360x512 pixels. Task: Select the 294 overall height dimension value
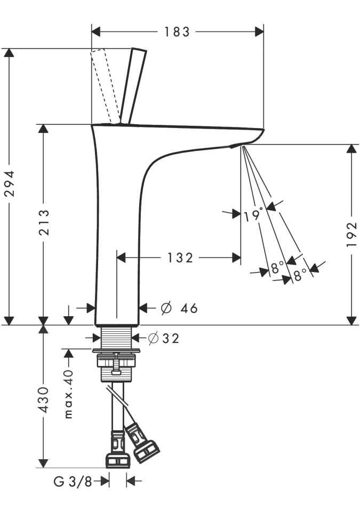coord(9,184)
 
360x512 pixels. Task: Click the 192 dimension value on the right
coord(351,235)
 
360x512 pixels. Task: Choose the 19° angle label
coord(253,215)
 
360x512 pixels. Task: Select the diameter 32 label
coord(164,338)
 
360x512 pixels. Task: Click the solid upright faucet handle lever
coord(133,85)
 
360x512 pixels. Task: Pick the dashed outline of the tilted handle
coord(104,85)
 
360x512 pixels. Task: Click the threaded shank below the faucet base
coord(116,337)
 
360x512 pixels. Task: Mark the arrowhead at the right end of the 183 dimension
coord(260,31)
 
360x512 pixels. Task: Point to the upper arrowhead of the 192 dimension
coord(351,149)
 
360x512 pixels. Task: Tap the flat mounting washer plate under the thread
coord(116,351)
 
